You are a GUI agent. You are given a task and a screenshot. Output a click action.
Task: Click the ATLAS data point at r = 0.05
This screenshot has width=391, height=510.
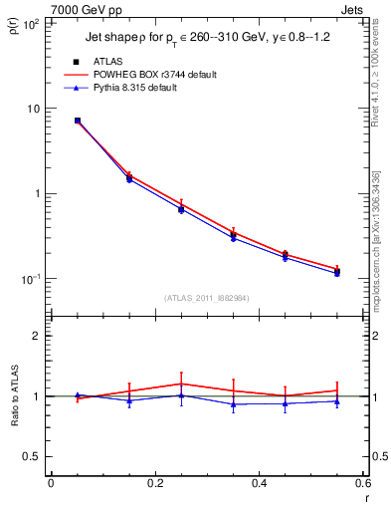(78, 121)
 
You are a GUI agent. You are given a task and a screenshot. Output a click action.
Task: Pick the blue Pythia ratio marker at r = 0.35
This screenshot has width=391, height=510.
(233, 404)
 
